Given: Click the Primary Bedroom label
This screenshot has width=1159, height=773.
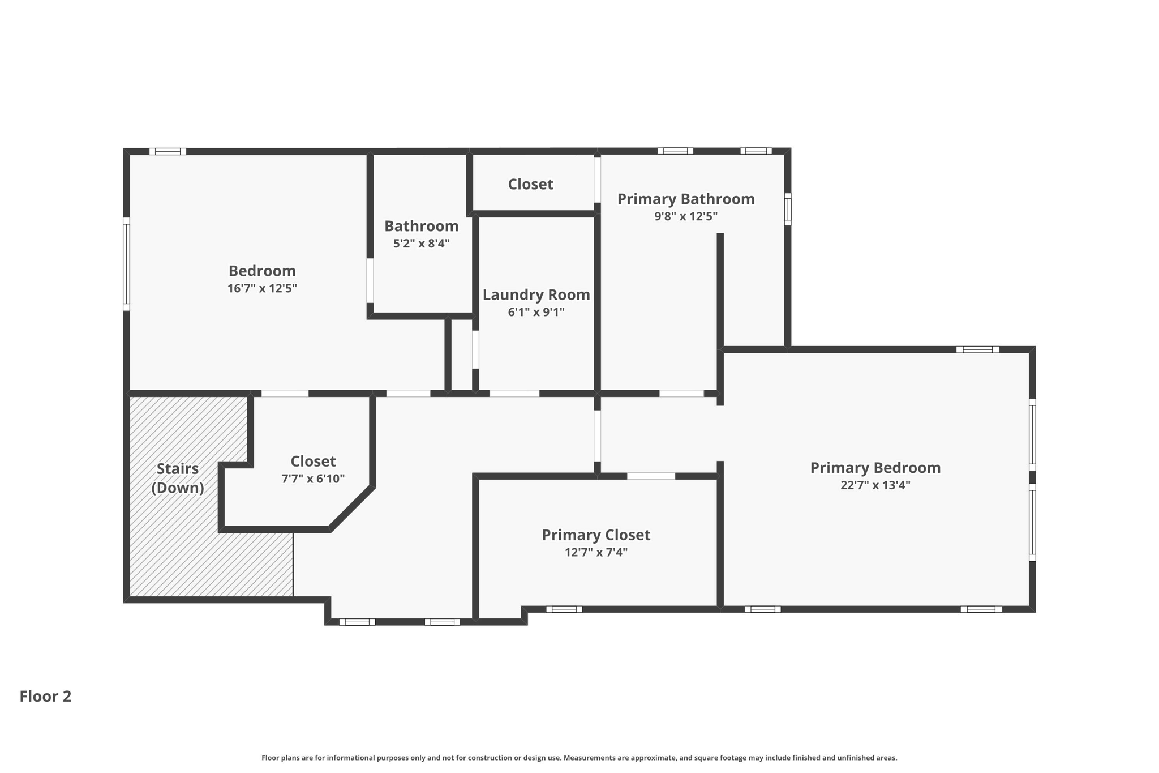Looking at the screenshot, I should click(x=875, y=468).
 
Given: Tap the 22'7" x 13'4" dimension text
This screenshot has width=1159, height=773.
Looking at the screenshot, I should click(x=875, y=485).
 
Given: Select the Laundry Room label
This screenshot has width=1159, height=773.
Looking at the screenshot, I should click(x=536, y=294).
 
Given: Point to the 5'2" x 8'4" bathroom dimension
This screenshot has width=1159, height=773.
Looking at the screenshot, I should click(x=421, y=244).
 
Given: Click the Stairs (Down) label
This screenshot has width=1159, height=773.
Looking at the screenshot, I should click(x=177, y=478).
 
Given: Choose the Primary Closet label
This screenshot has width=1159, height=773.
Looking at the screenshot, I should click(x=596, y=535).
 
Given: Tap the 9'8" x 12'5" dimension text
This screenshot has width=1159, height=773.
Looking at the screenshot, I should click(x=686, y=216).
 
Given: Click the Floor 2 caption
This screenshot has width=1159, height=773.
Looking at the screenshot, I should click(x=45, y=696).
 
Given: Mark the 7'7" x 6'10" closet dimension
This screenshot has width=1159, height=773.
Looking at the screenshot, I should click(x=313, y=479).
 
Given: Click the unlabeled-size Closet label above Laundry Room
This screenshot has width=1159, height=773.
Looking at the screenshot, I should click(x=530, y=184).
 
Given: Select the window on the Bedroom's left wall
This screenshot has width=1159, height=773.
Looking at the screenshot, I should click(x=127, y=264).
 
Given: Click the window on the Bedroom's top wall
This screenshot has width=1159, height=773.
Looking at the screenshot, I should click(x=168, y=151).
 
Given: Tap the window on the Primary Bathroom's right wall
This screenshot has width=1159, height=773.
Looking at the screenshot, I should click(x=787, y=209).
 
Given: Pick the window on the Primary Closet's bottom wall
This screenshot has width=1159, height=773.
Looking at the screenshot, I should click(x=564, y=609).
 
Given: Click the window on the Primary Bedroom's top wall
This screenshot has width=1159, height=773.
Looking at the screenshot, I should click(x=977, y=349).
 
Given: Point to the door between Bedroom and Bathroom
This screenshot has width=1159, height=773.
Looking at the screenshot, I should click(x=370, y=280).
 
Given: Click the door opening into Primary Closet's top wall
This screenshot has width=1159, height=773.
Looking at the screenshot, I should click(x=651, y=476).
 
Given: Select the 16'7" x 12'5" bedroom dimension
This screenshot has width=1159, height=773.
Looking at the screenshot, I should click(x=262, y=288).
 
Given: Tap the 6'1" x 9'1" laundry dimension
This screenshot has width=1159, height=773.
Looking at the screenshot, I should click(x=536, y=312).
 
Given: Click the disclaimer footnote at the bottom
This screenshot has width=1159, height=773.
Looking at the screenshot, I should click(x=579, y=758).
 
